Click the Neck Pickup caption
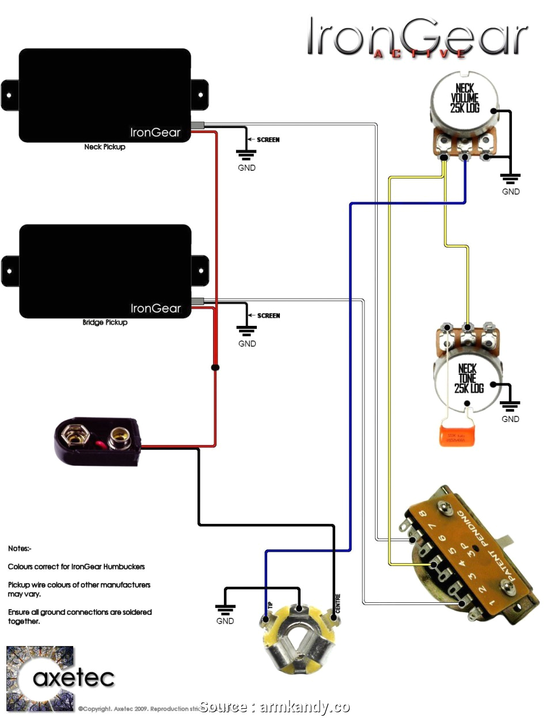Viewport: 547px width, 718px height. [104, 147]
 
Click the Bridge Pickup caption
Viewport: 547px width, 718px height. [105, 322]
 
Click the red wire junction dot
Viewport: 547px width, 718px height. [215, 367]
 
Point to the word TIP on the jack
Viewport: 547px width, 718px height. [269, 606]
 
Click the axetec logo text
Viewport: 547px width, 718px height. [73, 678]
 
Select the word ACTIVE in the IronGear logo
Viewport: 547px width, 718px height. [419, 54]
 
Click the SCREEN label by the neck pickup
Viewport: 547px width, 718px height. [268, 140]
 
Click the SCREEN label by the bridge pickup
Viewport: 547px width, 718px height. [268, 316]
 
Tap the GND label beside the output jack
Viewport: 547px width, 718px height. [225, 621]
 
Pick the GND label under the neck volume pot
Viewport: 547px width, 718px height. [511, 192]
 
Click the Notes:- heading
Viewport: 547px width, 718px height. [20, 548]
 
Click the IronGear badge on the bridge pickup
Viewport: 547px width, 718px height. [155, 308]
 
